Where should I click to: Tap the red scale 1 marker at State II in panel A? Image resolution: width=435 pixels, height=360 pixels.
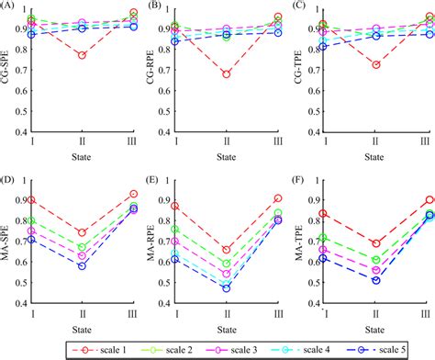[82, 56]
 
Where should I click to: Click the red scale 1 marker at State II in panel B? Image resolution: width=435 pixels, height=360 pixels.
[227, 74]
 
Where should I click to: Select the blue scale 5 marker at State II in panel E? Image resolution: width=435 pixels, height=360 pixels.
[227, 287]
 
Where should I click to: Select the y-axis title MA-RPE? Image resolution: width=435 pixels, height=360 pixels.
[152, 242]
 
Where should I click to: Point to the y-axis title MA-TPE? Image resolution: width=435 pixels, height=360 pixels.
[298, 242]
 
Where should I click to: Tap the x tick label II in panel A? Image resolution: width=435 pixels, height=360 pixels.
[82, 143]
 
